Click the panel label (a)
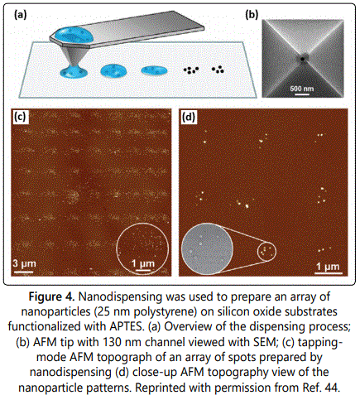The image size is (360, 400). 21,15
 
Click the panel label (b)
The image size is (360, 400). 252,15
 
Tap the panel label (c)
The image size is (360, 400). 20,117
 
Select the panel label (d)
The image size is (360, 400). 189,118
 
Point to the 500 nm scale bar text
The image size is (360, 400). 301,89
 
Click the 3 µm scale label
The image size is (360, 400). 24,263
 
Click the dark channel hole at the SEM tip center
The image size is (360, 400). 302,59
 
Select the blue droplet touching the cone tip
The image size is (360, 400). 74,72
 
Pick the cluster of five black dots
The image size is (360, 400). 191,70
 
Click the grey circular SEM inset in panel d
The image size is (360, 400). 207,249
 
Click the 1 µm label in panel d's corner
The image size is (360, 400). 328,267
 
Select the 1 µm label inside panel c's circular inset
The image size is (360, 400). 142,263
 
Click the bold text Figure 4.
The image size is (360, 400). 52,297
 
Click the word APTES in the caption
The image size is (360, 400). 127,326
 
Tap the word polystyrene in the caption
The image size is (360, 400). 169,312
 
